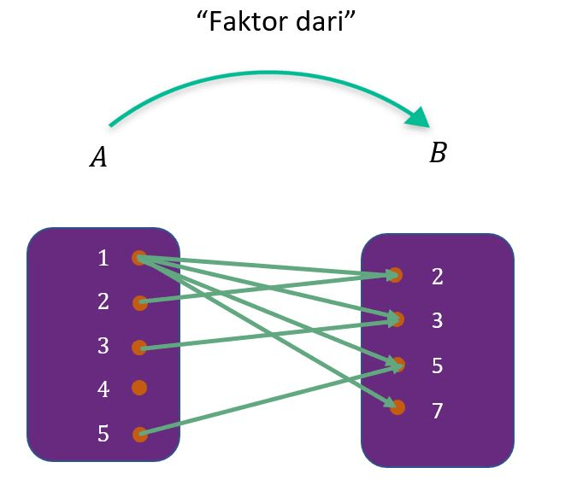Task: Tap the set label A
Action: coord(98,158)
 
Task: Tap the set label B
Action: coord(438,154)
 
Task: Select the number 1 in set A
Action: coord(103,258)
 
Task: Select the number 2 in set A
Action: coord(103,301)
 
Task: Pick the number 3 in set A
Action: coord(103,346)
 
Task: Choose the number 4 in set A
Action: coord(103,389)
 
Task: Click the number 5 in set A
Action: coord(103,434)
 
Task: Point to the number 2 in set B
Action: coord(438,277)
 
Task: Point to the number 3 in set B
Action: coord(438,321)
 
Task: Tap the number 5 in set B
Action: coord(438,366)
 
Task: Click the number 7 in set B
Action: coord(438,412)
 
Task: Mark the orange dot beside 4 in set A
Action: coord(139,388)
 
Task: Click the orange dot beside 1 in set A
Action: coord(138,258)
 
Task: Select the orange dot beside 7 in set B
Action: coord(397,406)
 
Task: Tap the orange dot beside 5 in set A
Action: coord(139,435)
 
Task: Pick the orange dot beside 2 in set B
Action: coord(395,275)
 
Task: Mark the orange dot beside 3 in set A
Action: coord(139,348)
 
